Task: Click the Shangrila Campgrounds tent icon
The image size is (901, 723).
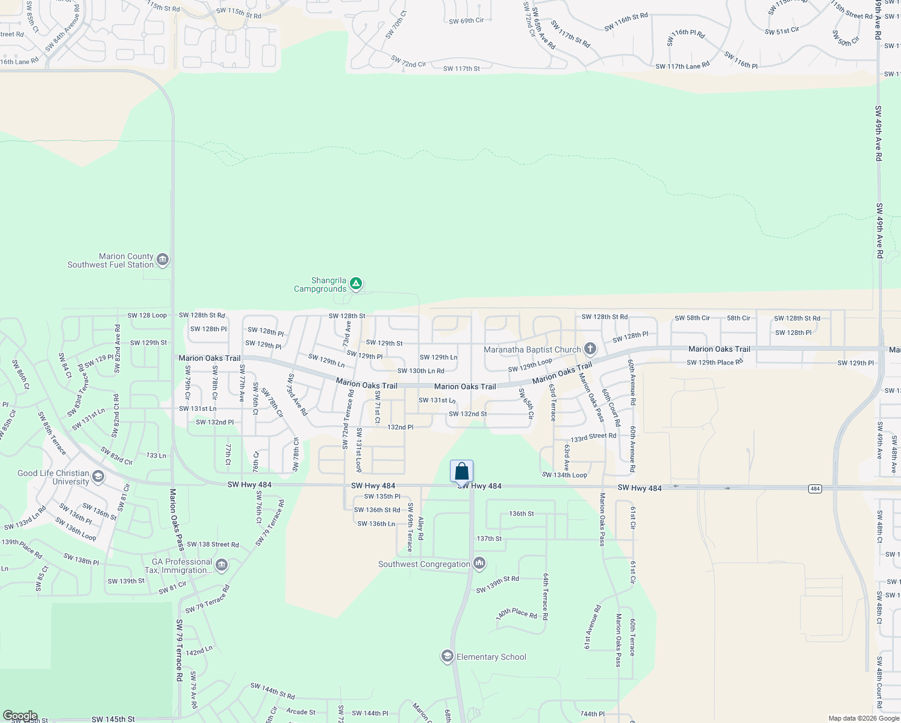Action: [356, 283]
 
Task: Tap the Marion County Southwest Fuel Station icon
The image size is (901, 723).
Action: [162, 260]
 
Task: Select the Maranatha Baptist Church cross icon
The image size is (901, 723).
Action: [590, 349]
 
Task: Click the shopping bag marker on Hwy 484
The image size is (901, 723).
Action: [461, 472]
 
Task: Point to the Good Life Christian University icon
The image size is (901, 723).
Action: [98, 477]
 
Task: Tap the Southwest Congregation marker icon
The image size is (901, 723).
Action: [479, 563]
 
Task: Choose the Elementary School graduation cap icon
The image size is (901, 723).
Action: [447, 656]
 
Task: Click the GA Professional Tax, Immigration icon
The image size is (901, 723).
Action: [221, 565]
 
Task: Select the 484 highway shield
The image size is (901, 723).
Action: [815, 489]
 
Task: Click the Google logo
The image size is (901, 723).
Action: [20, 716]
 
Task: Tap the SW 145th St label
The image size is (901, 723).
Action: [113, 719]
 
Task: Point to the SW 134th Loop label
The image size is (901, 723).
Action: [564, 475]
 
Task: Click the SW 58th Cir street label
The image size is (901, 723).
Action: [692, 318]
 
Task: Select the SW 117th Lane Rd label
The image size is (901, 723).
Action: [682, 66]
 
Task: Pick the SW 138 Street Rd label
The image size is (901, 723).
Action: [213, 544]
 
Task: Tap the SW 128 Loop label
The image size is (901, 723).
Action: [147, 315]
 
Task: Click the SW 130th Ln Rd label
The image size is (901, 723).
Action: [420, 371]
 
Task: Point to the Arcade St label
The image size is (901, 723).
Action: [301, 712]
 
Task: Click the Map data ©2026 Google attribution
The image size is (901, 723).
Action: [864, 718]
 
